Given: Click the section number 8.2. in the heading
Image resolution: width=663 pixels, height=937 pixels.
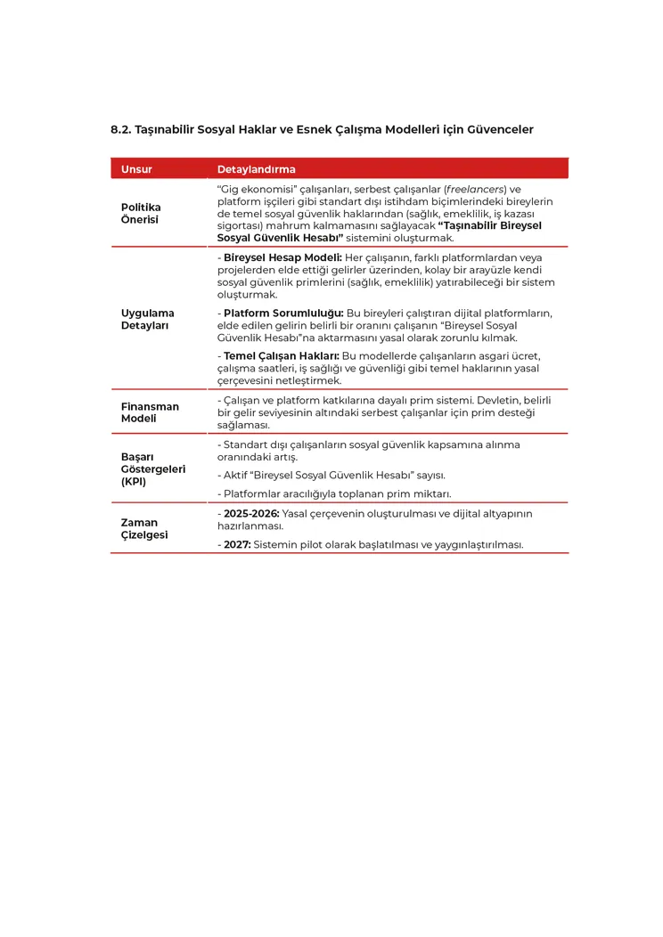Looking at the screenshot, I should click(x=121, y=129).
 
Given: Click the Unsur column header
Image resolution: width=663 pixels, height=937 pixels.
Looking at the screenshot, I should click(x=136, y=169).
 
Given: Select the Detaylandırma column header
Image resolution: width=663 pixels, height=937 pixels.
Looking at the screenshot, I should click(x=257, y=169).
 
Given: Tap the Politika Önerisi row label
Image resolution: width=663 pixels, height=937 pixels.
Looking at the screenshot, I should click(x=141, y=213).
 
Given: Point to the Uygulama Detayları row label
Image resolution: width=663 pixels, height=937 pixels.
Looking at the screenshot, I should click(x=147, y=319).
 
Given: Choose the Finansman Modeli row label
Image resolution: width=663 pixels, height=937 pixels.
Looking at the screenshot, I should click(x=150, y=411).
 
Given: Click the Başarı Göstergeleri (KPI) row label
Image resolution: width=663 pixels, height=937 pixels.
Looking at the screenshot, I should click(x=152, y=468).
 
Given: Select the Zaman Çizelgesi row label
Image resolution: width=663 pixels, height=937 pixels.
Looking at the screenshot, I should click(x=144, y=528).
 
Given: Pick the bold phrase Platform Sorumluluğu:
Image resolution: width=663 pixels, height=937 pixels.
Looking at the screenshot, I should click(x=283, y=314).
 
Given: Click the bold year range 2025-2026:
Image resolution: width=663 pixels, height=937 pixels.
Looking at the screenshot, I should click(x=251, y=514).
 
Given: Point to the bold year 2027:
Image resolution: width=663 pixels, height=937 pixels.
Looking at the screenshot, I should click(x=236, y=544).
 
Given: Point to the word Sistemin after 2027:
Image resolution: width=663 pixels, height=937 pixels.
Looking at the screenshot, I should click(x=276, y=544).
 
